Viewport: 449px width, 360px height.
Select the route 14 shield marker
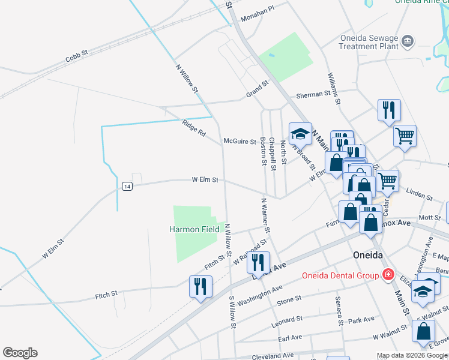[x=127, y=186]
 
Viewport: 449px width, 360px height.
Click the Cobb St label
[x=77, y=56]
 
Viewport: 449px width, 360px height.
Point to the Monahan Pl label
[x=257, y=14]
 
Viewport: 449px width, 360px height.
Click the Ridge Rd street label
[x=194, y=128]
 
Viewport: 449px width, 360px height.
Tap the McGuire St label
[x=240, y=141]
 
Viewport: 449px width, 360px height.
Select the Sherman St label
[x=313, y=94]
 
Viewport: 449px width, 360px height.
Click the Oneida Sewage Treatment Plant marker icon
[x=408, y=41]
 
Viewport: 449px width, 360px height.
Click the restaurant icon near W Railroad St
[x=259, y=262]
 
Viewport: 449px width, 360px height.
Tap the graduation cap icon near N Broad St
[x=300, y=133]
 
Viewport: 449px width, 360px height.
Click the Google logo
[x=20, y=353]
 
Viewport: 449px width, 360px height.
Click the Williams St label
[x=334, y=89]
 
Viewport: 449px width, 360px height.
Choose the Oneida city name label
[x=368, y=255]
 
